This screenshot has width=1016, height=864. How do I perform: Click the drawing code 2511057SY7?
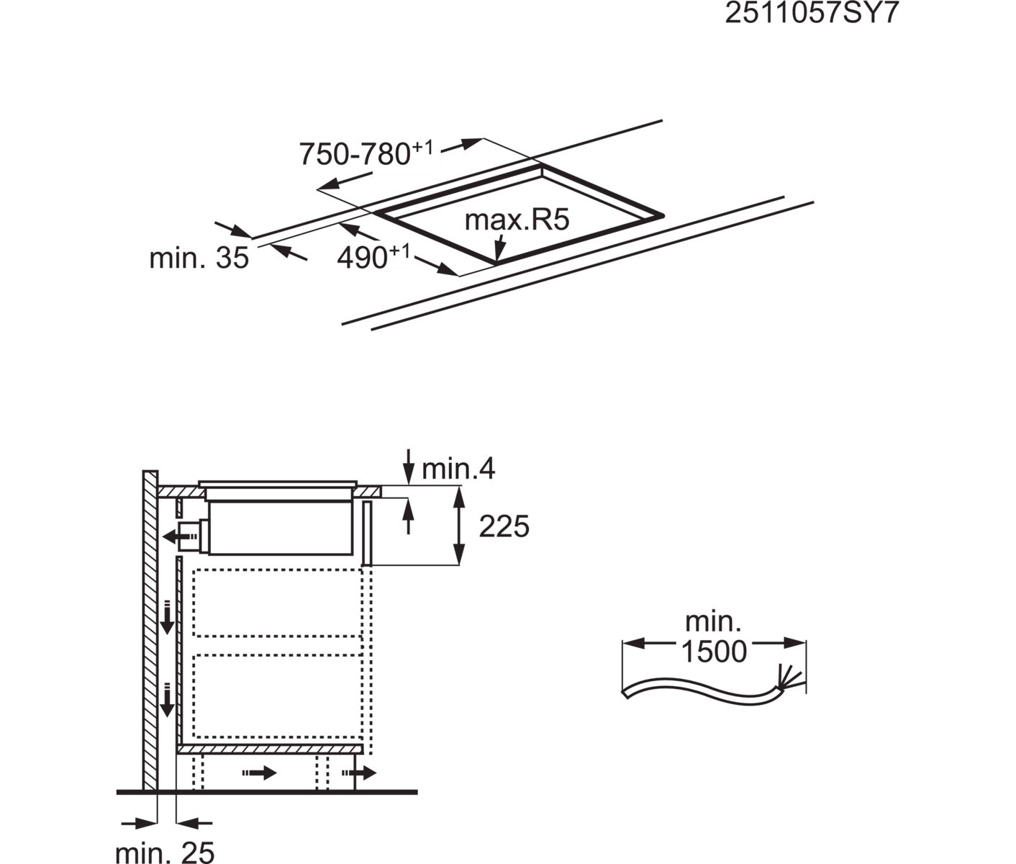tap(812, 13)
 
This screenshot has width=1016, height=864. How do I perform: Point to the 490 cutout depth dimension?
tap(373, 257)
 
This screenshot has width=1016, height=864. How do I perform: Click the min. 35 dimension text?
tap(199, 258)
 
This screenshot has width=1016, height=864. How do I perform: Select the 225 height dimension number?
tap(504, 526)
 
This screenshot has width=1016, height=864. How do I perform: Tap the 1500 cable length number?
tap(715, 652)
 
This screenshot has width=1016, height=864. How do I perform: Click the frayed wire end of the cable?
tap(787, 678)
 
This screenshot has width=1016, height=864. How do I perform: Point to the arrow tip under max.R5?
tap(497, 259)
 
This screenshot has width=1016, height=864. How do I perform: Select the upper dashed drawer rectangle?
tap(278, 603)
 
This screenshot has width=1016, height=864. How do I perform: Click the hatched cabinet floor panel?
tap(269, 749)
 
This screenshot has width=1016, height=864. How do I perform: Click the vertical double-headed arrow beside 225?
tap(458, 525)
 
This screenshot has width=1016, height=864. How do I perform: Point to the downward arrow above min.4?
tap(407, 466)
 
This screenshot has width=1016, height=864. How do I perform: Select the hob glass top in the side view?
tap(278, 483)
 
